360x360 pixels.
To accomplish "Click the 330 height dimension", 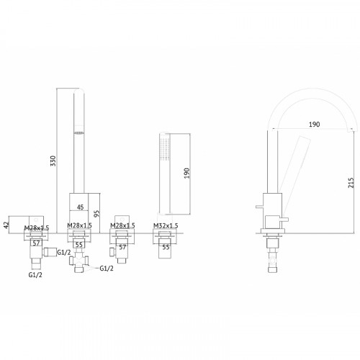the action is coord(53,161).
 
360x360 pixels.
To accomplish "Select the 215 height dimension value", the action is coord(351,183).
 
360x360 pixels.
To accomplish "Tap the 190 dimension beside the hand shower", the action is coord(186,173).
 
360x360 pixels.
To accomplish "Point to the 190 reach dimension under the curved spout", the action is coord(314,125).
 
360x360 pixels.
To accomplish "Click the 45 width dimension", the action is coord(81,207).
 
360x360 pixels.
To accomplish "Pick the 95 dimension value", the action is coord(96,214).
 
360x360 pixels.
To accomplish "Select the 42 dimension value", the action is coord(6,225).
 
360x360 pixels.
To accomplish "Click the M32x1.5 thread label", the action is coord(166,225).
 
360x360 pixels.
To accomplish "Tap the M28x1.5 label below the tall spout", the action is coord(79,225).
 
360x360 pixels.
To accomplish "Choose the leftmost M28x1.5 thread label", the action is coord(37,228).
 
